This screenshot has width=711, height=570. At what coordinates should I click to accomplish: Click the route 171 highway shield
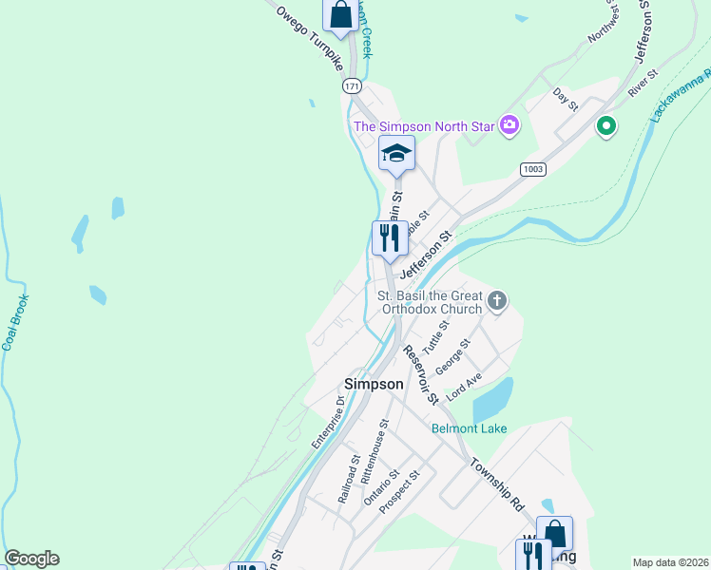pyautogui.click(x=353, y=86)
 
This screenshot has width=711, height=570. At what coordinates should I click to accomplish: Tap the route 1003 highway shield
pyautogui.click(x=532, y=168)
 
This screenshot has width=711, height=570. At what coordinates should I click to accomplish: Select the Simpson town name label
pyautogui.click(x=373, y=384)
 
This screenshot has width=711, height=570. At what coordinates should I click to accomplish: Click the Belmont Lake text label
pyautogui.click(x=469, y=428)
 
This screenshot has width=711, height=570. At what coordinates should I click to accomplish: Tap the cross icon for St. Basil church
pyautogui.click(x=496, y=302)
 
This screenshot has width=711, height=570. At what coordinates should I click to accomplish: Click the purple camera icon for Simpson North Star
pyautogui.click(x=509, y=125)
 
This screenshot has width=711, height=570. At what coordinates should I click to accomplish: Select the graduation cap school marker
pyautogui.click(x=396, y=153)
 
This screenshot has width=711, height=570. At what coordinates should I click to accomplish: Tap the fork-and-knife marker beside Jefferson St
pyautogui.click(x=389, y=237)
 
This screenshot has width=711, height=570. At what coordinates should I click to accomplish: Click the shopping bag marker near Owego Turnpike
pyautogui.click(x=340, y=14)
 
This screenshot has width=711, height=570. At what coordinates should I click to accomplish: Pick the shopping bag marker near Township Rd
pyautogui.click(x=554, y=533)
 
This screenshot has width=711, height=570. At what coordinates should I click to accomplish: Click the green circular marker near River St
pyautogui.click(x=605, y=125)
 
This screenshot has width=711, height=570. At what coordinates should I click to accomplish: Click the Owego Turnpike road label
pyautogui.click(x=309, y=36)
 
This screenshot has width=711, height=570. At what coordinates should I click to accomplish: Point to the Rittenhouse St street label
pyautogui.click(x=373, y=447)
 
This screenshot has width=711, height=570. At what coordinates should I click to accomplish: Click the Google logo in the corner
pyautogui.click(x=31, y=559)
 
